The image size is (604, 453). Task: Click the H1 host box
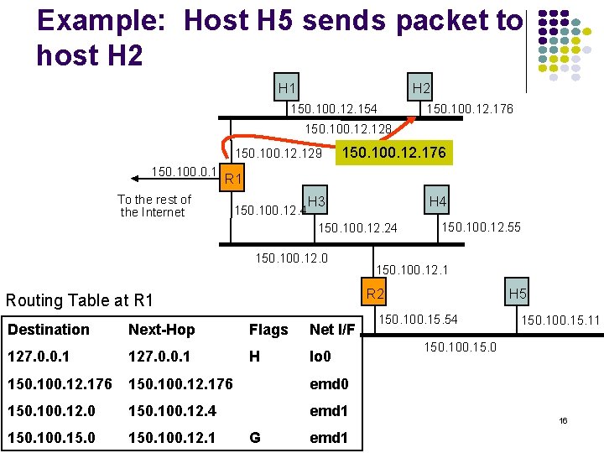(288, 87)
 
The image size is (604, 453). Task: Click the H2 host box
(421, 87)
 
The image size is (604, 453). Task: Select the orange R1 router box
(233, 179)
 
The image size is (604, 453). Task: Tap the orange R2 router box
(374, 294)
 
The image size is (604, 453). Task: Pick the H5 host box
(518, 294)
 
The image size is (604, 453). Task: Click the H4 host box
(437, 201)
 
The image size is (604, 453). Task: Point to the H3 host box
(316, 201)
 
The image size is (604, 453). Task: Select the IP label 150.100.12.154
(333, 109)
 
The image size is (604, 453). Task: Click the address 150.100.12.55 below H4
(481, 226)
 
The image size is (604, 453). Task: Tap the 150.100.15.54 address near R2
(418, 320)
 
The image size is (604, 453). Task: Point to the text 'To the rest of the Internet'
(154, 206)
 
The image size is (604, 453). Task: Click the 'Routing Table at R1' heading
(80, 300)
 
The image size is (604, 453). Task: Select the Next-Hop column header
(161, 330)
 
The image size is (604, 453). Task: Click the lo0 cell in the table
(320, 357)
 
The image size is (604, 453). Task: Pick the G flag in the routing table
(255, 437)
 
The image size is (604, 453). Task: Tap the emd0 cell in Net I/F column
(328, 384)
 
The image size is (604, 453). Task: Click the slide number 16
(563, 419)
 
